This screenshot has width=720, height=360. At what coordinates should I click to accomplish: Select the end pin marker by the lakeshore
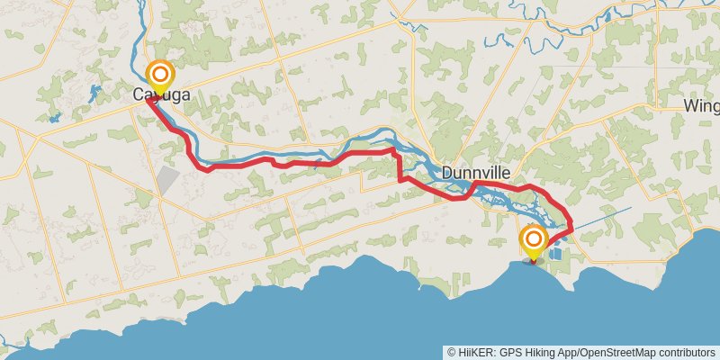click(534, 241)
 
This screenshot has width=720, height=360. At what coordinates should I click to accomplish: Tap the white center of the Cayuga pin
click(160, 73)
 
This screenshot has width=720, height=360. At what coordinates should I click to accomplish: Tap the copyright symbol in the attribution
click(452, 353)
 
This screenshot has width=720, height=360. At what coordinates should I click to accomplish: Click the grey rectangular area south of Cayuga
click(168, 178)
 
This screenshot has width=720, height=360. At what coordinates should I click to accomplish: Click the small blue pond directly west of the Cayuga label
click(54, 117)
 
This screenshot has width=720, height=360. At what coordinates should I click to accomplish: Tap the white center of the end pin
click(534, 238)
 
